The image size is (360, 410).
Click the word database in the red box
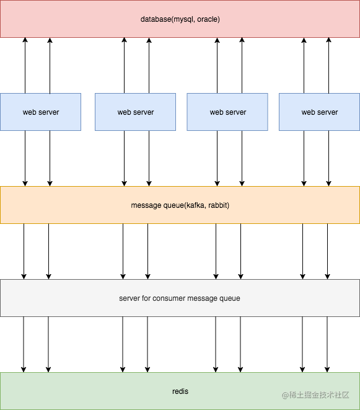point(156,19)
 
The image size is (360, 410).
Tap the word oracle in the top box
point(208,19)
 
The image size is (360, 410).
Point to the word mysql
point(183,19)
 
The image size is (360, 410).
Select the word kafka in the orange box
point(196,205)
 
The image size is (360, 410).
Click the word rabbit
point(217,205)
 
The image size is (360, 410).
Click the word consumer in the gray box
point(169,298)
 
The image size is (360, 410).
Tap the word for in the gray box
point(146,298)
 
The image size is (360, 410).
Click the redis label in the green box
point(180,391)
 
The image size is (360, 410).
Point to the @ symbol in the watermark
point(285,395)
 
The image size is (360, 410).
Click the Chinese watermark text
point(319,395)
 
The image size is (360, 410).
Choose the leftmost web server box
point(40,112)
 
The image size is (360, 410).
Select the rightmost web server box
point(319,112)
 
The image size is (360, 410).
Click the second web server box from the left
point(135,112)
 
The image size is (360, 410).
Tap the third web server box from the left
point(227,112)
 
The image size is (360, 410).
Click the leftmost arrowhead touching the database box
point(25,40)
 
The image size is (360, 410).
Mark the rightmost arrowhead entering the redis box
point(327,370)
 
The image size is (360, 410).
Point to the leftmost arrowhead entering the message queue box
point(25,184)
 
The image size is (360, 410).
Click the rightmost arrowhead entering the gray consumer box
point(327,277)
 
